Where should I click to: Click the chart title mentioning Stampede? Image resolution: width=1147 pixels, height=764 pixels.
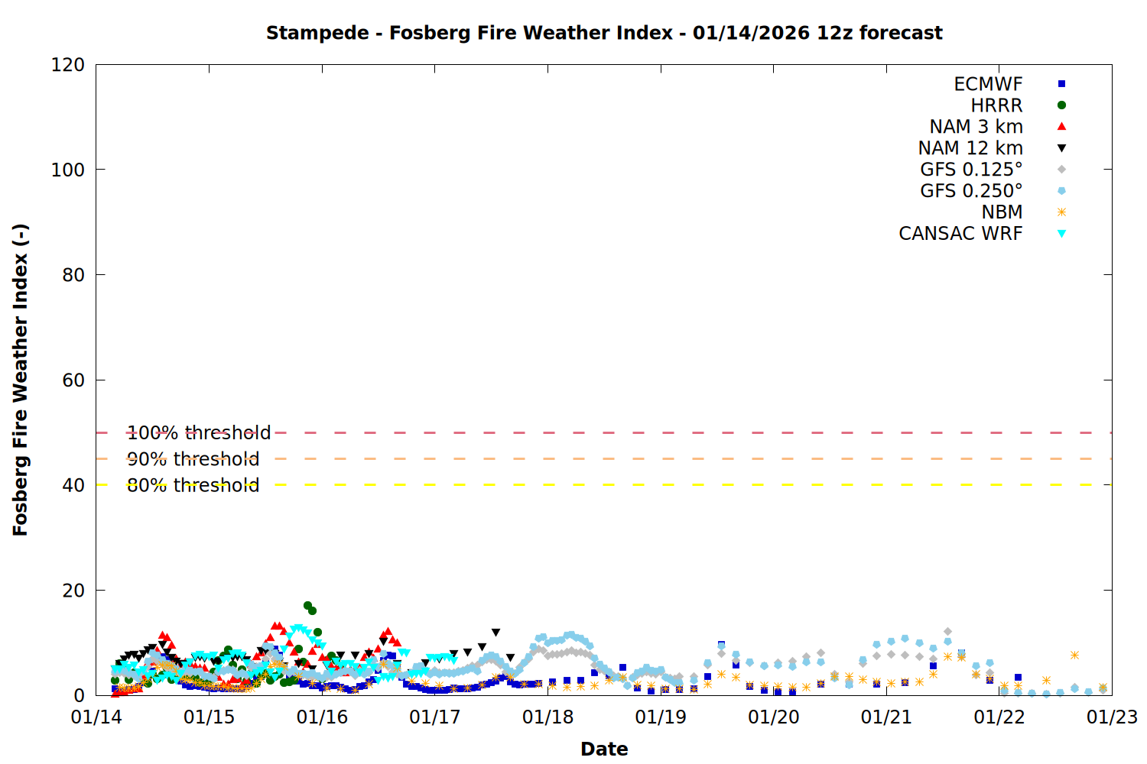pyautogui.click(x=604, y=33)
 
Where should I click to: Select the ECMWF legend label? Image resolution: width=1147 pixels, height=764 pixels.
pyautogui.click(x=988, y=84)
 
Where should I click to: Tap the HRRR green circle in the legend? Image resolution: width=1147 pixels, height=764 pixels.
pyautogui.click(x=1061, y=105)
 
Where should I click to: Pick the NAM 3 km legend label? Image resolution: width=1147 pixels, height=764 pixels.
pyautogui.click(x=976, y=127)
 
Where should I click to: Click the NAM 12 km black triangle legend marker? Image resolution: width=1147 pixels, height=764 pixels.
pyautogui.click(x=1061, y=148)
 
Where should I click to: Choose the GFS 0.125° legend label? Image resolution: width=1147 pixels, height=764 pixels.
pyautogui.click(x=971, y=170)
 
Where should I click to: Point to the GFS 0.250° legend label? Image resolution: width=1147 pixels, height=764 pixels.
pyautogui.click(x=971, y=191)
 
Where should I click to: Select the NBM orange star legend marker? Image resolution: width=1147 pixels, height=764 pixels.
pyautogui.click(x=1061, y=212)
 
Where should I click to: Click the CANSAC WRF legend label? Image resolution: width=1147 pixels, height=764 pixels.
pyautogui.click(x=960, y=234)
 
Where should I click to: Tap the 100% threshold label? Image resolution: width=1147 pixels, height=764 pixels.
pyautogui.click(x=199, y=433)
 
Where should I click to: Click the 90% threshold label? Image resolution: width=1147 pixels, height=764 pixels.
pyautogui.click(x=193, y=459)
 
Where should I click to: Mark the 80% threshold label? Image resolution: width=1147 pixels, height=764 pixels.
pyautogui.click(x=193, y=485)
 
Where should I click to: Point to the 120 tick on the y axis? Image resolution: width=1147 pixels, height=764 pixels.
pyautogui.click(x=68, y=65)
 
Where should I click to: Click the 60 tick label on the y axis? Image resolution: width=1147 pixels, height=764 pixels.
pyautogui.click(x=73, y=380)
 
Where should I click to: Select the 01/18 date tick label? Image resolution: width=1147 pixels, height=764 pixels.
pyautogui.click(x=548, y=717)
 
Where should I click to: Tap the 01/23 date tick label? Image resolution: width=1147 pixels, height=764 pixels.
pyautogui.click(x=1112, y=717)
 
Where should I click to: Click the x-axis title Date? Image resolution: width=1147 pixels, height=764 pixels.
pyautogui.click(x=604, y=749)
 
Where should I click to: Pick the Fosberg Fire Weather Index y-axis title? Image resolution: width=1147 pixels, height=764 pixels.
pyautogui.click(x=21, y=380)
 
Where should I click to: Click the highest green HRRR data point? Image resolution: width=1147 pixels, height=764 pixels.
pyautogui.click(x=307, y=606)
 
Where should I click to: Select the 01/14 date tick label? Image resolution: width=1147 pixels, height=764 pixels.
pyautogui.click(x=96, y=717)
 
